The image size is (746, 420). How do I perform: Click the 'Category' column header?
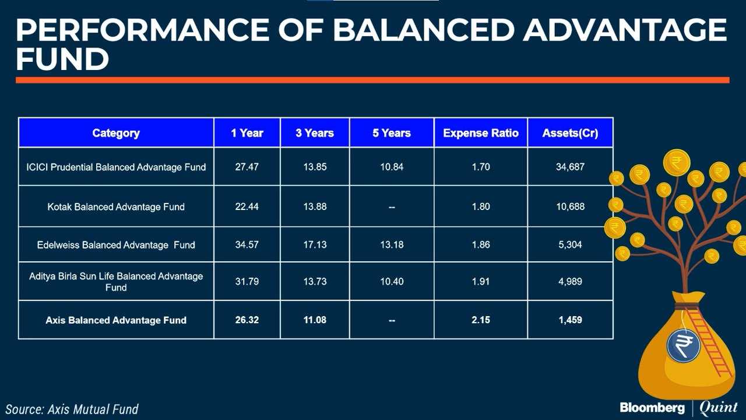(x=116, y=133)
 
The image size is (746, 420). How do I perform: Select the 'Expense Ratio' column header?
(x=480, y=133)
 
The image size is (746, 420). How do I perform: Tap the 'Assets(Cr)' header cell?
(x=570, y=133)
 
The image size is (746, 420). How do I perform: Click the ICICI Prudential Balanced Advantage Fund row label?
(x=116, y=167)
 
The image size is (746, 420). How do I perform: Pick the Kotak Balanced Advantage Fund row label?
(x=116, y=206)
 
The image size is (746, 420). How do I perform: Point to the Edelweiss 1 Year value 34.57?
(x=247, y=244)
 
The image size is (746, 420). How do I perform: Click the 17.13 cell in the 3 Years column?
(x=315, y=244)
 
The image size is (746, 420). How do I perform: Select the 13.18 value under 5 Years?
(x=392, y=244)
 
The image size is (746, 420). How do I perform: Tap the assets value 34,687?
(x=570, y=167)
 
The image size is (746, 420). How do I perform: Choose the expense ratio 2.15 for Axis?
(x=480, y=320)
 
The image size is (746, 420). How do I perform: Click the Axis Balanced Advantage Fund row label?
(x=116, y=320)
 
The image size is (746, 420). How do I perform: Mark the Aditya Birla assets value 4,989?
(x=570, y=281)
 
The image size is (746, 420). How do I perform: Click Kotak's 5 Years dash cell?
(x=392, y=206)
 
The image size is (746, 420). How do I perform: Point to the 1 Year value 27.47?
(x=247, y=167)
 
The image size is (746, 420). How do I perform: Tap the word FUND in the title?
(x=62, y=59)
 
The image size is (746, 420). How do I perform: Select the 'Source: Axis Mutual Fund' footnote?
(x=72, y=409)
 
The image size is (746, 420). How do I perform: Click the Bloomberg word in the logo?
(x=652, y=407)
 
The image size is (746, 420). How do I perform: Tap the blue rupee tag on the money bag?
(x=683, y=345)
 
